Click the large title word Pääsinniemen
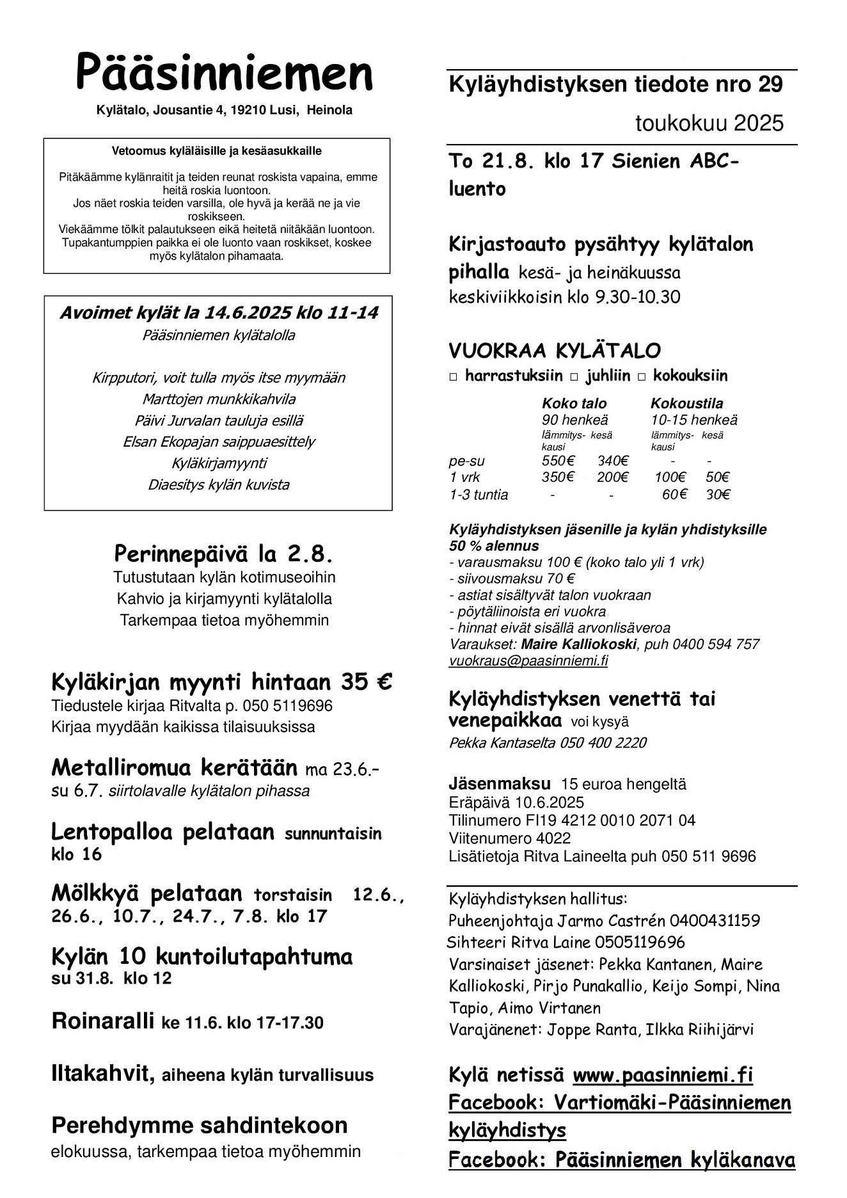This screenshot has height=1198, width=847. tap(224, 74)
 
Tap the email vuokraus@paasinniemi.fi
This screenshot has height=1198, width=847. tap(528, 660)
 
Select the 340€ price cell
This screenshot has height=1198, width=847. tap(612, 461)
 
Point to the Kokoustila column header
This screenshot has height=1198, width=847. tap(686, 403)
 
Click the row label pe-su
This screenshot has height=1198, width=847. tap(466, 461)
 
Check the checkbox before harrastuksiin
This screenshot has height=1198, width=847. tap(454, 376)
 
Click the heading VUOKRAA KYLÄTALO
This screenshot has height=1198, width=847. tap(555, 351)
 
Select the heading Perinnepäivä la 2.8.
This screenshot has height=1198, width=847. tap(223, 552)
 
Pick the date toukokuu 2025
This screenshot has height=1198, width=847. tap(709, 123)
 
